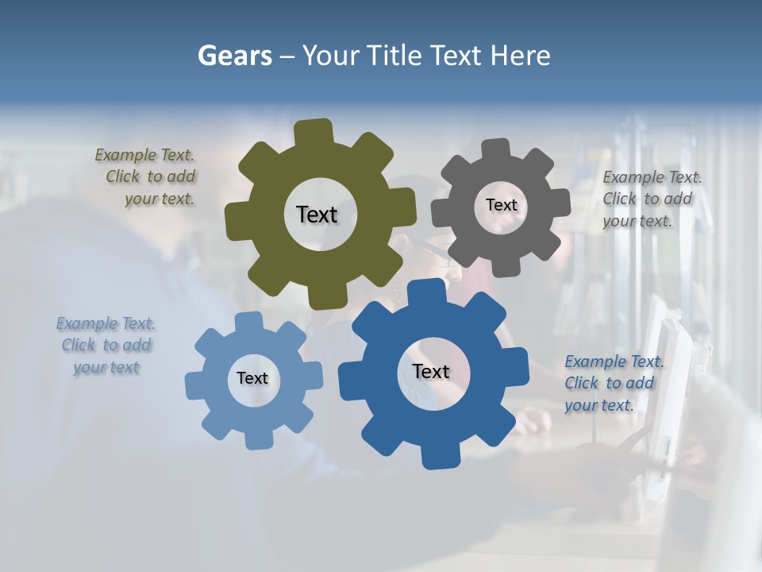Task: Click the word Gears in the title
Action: (x=234, y=56)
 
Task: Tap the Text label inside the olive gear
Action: (x=317, y=214)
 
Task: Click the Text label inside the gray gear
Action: (x=501, y=205)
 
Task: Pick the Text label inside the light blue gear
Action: (x=252, y=378)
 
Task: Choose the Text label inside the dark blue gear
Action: (x=431, y=371)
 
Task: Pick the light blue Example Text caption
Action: (x=106, y=346)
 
